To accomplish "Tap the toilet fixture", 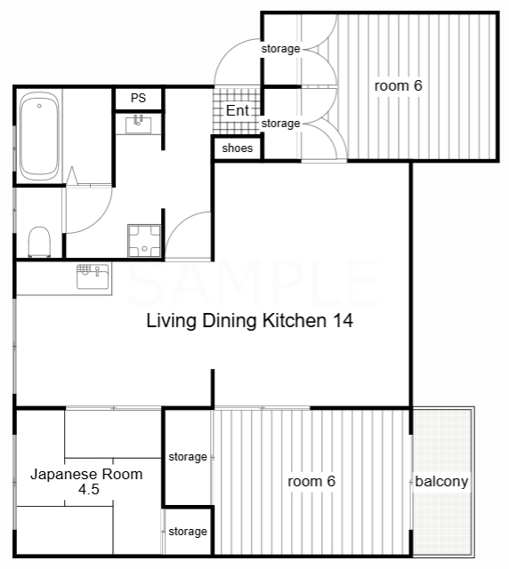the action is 40,242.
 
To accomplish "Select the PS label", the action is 138,98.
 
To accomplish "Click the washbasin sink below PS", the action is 139,124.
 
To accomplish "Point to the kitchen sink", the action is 93,276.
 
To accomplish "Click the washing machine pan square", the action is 144,241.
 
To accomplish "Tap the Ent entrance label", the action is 238,110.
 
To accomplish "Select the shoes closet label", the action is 238,148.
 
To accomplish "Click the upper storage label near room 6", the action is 280,49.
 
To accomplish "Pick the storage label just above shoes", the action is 280,124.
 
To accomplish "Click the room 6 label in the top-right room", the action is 398,85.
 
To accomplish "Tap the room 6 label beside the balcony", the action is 311,481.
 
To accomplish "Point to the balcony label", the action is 441,481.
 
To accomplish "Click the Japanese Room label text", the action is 86,474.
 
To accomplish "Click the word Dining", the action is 230,321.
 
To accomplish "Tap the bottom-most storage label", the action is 188,532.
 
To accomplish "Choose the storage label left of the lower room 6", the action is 188,457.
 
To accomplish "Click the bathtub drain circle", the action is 39,106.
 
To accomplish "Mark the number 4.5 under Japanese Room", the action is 89,490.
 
